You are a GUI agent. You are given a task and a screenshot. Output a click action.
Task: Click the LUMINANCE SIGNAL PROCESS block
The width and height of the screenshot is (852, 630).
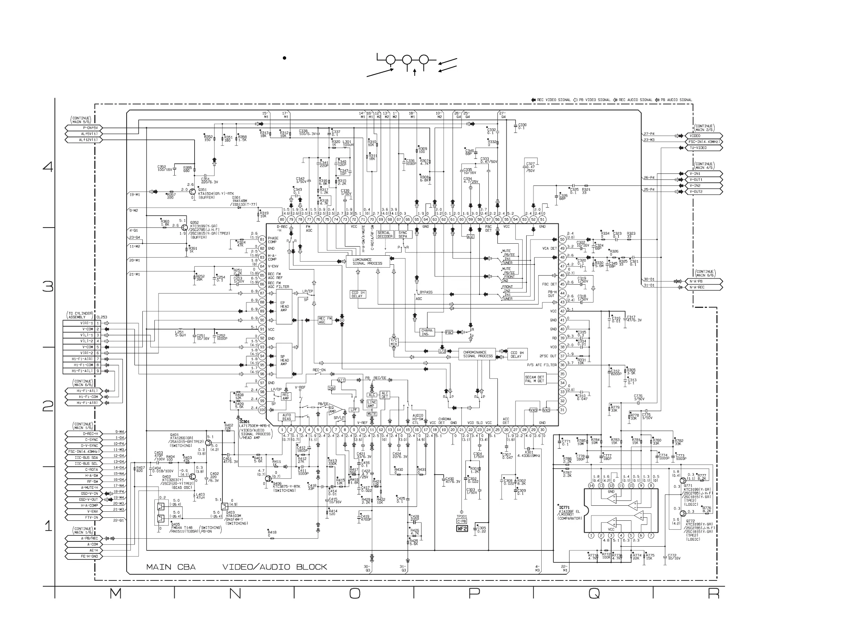click(x=367, y=262)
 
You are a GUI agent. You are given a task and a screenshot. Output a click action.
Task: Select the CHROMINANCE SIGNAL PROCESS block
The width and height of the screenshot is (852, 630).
click(x=477, y=354)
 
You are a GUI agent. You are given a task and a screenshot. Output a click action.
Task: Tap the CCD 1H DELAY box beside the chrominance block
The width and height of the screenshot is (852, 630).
click(x=517, y=354)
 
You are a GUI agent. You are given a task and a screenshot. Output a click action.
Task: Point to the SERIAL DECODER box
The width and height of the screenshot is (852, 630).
click(x=385, y=235)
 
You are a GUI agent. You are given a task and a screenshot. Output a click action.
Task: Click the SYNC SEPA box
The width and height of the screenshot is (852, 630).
click(x=403, y=235)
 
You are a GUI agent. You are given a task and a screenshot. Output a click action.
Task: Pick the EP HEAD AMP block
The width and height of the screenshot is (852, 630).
click(x=284, y=307)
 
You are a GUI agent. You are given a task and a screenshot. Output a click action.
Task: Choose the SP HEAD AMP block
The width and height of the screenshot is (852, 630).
click(x=284, y=360)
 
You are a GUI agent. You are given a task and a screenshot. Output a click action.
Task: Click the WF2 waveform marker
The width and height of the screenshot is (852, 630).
click(x=462, y=529)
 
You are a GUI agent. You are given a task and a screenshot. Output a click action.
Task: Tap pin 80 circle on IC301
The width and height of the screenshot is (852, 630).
click(x=282, y=219)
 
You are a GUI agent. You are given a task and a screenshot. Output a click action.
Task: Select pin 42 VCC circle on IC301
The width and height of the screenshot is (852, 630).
click(x=562, y=311)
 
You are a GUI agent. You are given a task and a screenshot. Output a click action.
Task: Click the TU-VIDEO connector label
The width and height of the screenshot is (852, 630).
click(x=703, y=148)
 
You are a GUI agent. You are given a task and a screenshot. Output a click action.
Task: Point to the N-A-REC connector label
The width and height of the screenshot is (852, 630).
click(x=703, y=287)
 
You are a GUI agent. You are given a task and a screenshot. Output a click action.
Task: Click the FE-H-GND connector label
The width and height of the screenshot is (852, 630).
click(x=84, y=556)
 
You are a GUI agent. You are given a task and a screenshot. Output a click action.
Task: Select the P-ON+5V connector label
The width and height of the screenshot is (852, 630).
click(x=84, y=128)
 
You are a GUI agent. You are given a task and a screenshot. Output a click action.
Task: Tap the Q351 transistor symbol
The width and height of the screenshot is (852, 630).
click(x=193, y=191)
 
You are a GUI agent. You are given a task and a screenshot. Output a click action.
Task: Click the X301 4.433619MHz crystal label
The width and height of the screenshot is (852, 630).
click(x=529, y=454)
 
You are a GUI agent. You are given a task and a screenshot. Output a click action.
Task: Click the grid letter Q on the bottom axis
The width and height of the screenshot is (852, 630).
click(x=594, y=594)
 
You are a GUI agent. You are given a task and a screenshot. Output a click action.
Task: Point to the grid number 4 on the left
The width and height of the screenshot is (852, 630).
click(x=48, y=167)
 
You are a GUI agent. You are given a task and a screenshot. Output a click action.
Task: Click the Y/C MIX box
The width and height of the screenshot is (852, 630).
click(x=394, y=342)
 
